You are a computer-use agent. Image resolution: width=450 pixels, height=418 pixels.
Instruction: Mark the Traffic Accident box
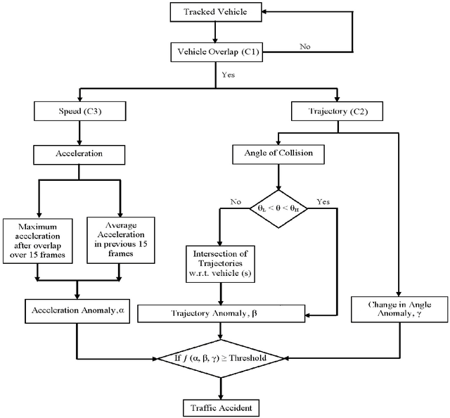click(221, 406)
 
